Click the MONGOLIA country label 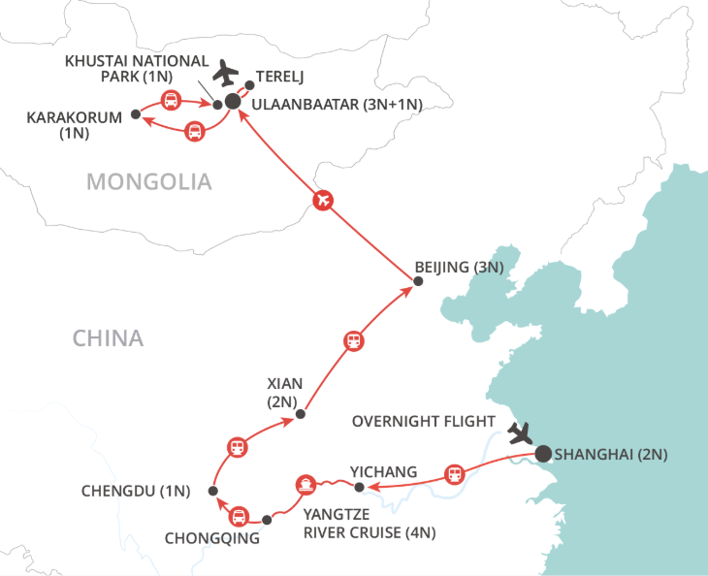[148, 181]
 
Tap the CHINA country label [108, 338]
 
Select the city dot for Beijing [418, 282]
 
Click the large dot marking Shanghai [542, 452]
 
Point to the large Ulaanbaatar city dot [233, 101]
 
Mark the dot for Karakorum [135, 114]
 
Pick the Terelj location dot [250, 85]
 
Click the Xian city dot [301, 414]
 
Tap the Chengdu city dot [212, 491]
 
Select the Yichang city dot [359, 487]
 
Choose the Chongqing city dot [268, 519]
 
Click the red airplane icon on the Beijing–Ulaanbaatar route [324, 201]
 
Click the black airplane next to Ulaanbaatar [227, 72]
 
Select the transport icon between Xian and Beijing [354, 341]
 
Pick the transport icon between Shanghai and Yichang [453, 474]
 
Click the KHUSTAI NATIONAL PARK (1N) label [137, 69]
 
